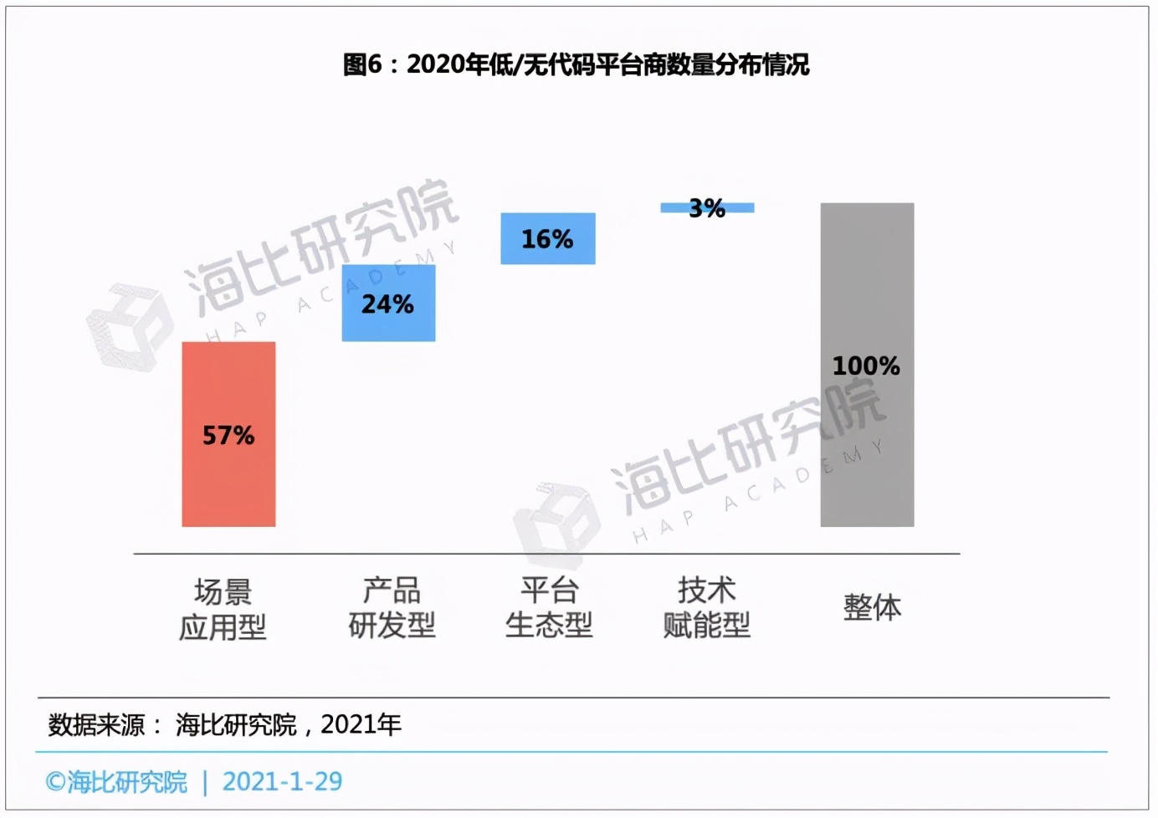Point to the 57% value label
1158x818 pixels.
pos(228,435)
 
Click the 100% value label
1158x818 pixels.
pos(866,366)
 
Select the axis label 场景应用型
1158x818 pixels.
pos(223,609)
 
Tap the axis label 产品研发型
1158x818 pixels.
pos(392,607)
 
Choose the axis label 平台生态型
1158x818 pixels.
pos(549,607)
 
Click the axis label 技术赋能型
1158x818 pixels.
pos(706,607)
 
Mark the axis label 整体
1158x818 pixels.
pos(872,607)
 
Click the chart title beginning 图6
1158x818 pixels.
pos(576,64)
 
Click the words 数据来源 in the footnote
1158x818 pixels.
pos(97,724)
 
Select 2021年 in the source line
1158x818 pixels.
pos(361,724)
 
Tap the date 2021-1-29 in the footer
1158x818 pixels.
pos(282,781)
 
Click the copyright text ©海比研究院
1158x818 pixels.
pos(116,781)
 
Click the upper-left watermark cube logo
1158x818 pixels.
pos(130,326)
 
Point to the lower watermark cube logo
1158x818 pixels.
pos(556,525)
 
